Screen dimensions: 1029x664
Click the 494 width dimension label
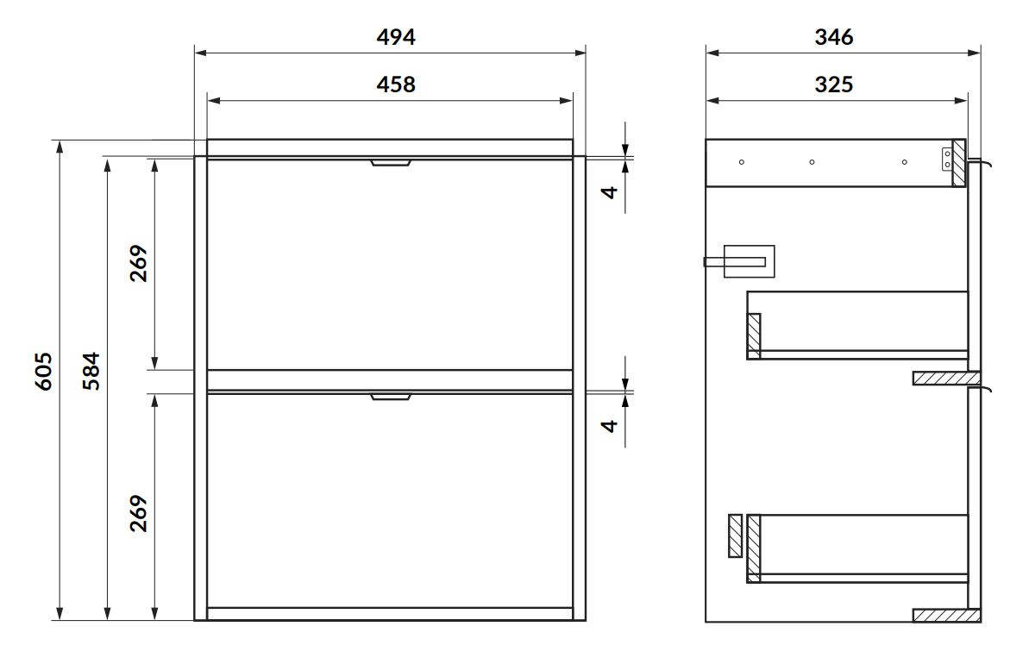pos(396,37)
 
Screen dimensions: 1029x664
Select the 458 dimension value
pos(396,84)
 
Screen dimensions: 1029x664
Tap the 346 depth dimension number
pos(834,37)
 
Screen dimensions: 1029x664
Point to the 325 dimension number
pos(834,84)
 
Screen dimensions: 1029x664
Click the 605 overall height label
pos(43,372)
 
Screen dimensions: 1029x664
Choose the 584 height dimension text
pos(91,372)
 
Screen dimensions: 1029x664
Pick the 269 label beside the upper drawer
pos(139,263)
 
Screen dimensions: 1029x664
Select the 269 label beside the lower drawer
pos(139,513)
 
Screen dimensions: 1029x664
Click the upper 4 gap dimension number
pos(611,191)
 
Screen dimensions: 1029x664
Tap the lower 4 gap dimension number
pos(611,426)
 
